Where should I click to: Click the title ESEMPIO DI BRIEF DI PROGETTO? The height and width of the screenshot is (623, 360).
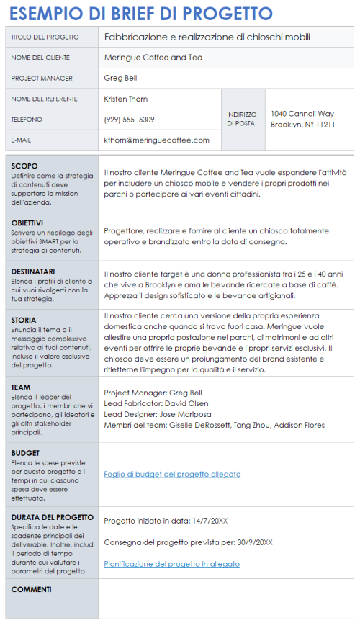click(x=141, y=14)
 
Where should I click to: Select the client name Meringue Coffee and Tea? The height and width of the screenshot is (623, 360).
click(x=153, y=58)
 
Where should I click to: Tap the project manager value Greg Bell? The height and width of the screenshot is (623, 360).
click(x=120, y=78)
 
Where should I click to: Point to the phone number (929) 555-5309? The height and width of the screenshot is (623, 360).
click(x=129, y=120)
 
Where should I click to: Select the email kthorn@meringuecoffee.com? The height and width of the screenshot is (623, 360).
click(x=156, y=140)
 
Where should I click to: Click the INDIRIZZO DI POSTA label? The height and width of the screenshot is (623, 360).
click(x=240, y=119)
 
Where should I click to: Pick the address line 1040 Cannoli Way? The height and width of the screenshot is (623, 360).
click(x=302, y=114)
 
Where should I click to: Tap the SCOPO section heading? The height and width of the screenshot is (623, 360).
click(x=24, y=166)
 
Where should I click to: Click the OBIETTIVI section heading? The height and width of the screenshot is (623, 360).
click(x=27, y=223)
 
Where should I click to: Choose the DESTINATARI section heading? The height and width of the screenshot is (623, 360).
click(x=33, y=272)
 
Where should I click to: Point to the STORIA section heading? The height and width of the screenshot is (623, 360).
click(x=24, y=320)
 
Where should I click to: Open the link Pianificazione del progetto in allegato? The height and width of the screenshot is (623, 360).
click(x=171, y=564)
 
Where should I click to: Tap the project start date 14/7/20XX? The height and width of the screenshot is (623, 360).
click(x=209, y=521)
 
